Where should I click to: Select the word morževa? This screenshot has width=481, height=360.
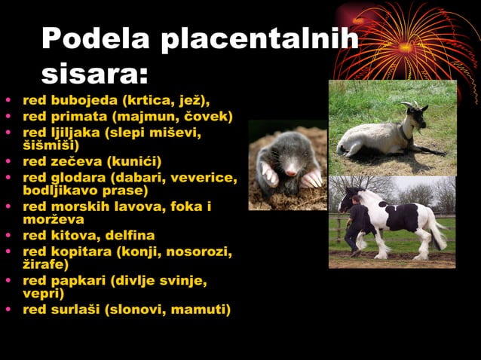(x=53, y=219)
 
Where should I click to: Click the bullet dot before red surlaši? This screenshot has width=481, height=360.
(x=8, y=310)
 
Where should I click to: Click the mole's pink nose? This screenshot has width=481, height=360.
(x=290, y=172)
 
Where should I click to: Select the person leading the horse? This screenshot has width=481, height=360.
(x=356, y=224)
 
